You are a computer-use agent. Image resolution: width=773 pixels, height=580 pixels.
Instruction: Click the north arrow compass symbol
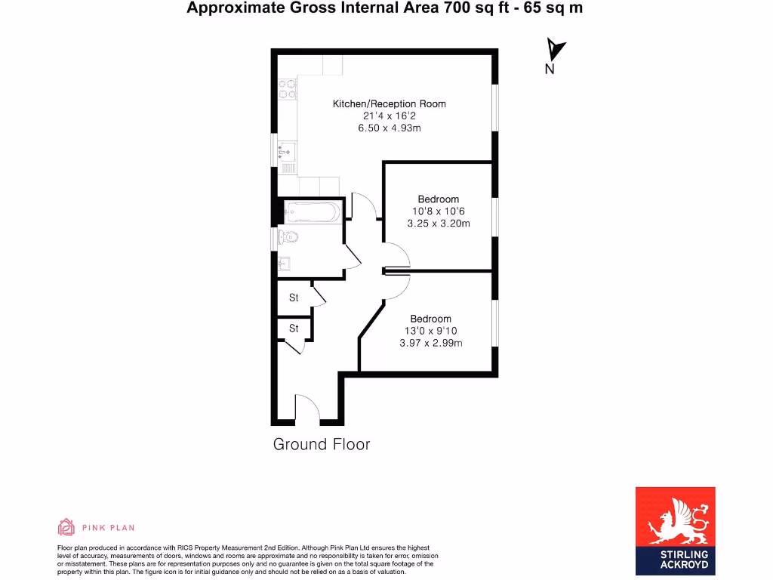(556, 51)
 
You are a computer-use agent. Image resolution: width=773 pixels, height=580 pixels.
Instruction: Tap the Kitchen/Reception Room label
(389, 103)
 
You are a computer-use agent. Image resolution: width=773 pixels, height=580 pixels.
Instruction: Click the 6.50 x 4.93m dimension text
(389, 128)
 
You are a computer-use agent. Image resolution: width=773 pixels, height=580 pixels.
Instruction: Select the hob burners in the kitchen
(287, 91)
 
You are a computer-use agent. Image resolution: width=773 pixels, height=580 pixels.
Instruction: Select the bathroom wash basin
(284, 264)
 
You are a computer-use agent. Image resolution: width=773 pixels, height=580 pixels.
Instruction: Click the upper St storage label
(294, 298)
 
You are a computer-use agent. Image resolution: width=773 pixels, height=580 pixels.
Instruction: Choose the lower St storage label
(294, 329)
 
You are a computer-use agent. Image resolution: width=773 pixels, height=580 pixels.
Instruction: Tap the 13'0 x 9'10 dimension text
(430, 331)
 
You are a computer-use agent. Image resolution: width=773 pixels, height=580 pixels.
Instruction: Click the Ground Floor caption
(322, 444)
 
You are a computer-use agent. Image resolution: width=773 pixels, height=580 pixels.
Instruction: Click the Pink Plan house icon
(66, 527)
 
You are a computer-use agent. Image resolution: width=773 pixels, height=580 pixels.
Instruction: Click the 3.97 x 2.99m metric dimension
(430, 343)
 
